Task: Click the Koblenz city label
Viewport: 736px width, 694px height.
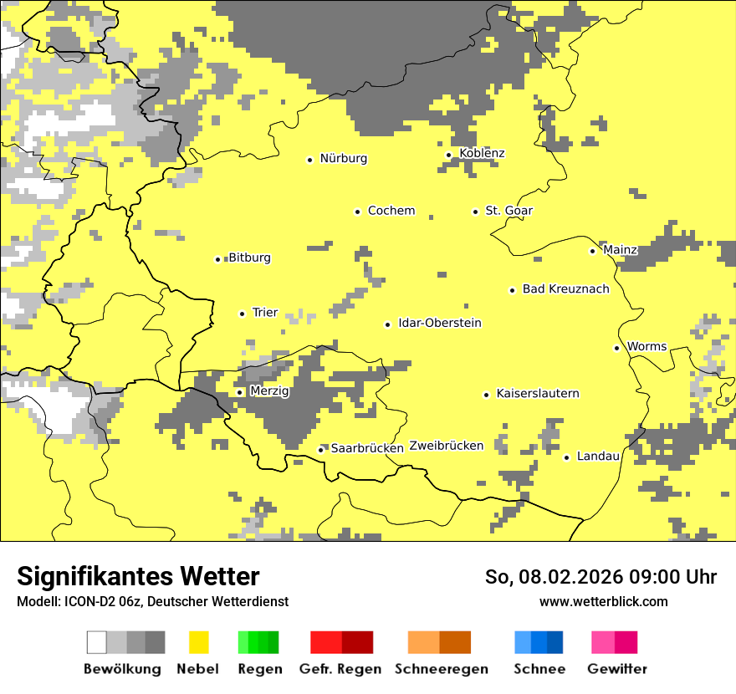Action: [482, 153]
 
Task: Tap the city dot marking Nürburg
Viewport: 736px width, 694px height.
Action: [309, 160]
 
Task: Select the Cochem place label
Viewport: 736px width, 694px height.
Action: [391, 211]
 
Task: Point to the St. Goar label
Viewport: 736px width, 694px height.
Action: [509, 211]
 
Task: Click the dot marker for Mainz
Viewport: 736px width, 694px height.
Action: [592, 251]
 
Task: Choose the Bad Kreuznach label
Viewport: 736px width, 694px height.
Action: [565, 289]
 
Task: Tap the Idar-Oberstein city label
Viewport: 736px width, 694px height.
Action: [439, 324]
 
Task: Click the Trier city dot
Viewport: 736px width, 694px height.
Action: [242, 314]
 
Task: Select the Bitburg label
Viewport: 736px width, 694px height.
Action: [249, 258]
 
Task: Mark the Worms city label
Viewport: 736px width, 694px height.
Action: [647, 347]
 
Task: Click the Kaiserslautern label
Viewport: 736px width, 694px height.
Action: [537, 394]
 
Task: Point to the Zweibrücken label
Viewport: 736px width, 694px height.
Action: [446, 446]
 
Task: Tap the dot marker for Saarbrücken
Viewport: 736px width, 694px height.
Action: [320, 450]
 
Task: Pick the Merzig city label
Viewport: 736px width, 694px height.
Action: [268, 391]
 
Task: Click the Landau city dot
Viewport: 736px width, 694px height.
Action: [566, 457]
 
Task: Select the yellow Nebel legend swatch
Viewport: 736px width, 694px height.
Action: [198, 642]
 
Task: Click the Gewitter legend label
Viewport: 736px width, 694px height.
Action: [616, 669]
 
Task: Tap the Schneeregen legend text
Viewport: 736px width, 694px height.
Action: [441, 669]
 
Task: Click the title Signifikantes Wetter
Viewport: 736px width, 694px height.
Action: [138, 577]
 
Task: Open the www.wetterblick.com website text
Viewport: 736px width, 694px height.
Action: [603, 601]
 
